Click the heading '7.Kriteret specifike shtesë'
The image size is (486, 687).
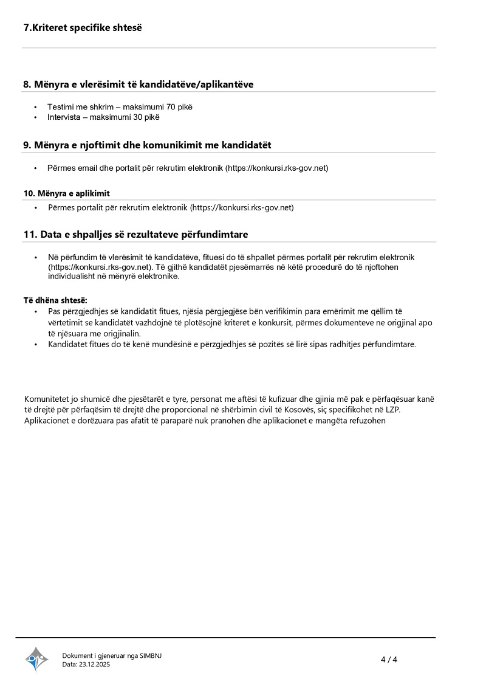pyautogui.click(x=83, y=27)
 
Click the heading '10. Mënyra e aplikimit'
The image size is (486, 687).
pyautogui.click(x=66, y=193)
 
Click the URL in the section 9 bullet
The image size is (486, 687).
pyautogui.click(x=278, y=168)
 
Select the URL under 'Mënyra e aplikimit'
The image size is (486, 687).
pyautogui.click(x=242, y=207)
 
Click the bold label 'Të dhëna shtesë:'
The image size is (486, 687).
pyautogui.click(x=55, y=300)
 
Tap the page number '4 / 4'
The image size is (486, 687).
pyautogui.click(x=389, y=659)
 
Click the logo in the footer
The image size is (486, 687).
pyautogui.click(x=36, y=658)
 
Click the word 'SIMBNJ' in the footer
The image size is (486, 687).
pyautogui.click(x=151, y=655)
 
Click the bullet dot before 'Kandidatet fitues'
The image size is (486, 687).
pyautogui.click(x=35, y=345)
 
